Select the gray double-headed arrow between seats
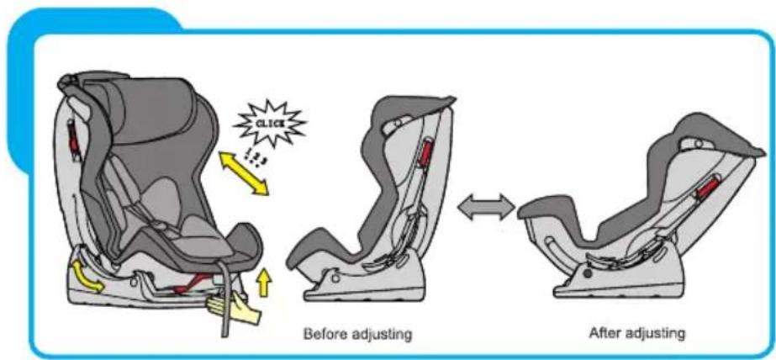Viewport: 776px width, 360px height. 486,206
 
